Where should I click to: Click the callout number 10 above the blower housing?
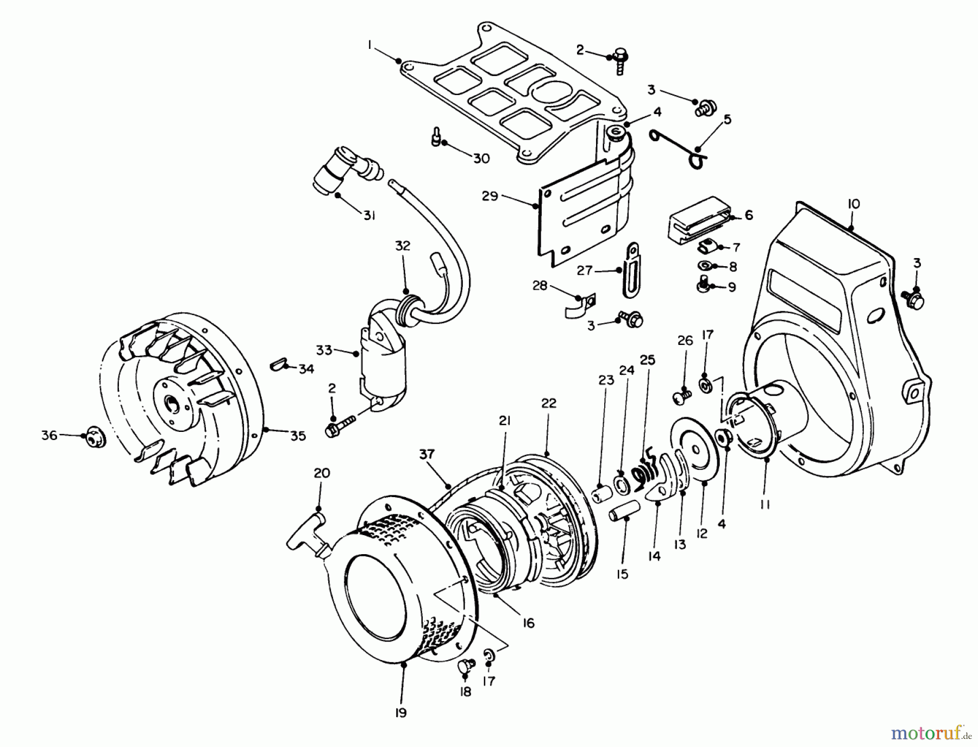tap(853, 204)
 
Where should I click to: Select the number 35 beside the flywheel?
tap(298, 436)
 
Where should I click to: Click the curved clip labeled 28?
tap(577, 306)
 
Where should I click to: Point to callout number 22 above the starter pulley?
tap(549, 403)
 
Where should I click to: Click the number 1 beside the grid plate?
tap(370, 46)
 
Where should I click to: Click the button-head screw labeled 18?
tap(466, 665)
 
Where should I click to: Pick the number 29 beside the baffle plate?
tap(490, 196)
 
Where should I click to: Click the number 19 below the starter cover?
tap(400, 713)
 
